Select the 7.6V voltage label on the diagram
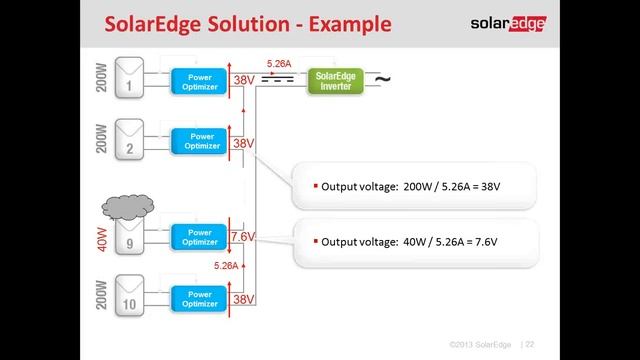243,238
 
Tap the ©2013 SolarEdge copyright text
481,344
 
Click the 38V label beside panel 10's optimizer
243,299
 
